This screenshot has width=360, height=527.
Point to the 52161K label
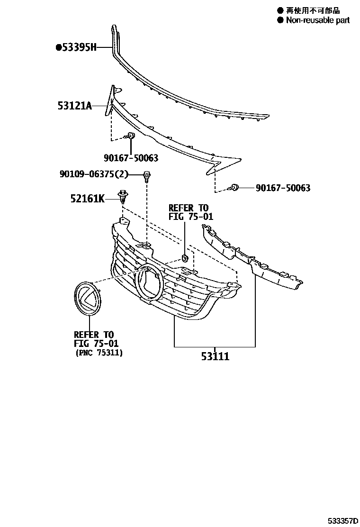pyautogui.click(x=88, y=199)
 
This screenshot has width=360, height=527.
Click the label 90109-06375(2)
pyautogui.click(x=94, y=174)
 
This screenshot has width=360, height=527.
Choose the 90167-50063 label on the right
pyautogui.click(x=283, y=188)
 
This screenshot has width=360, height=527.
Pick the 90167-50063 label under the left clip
pyautogui.click(x=131, y=158)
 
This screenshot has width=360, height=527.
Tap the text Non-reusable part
pyautogui.click(x=317, y=20)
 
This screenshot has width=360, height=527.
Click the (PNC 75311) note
pyautogui.click(x=99, y=353)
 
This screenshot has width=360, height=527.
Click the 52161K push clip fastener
pyautogui.click(x=123, y=196)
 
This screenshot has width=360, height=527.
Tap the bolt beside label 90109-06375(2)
pyautogui.click(x=147, y=176)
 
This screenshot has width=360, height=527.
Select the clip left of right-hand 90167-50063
pyautogui.click(x=234, y=188)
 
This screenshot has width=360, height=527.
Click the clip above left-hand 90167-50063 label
pyautogui.click(x=131, y=137)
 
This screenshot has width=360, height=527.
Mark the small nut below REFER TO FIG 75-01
pyautogui.click(x=185, y=258)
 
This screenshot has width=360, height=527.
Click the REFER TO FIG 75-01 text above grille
pyautogui.click(x=188, y=212)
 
